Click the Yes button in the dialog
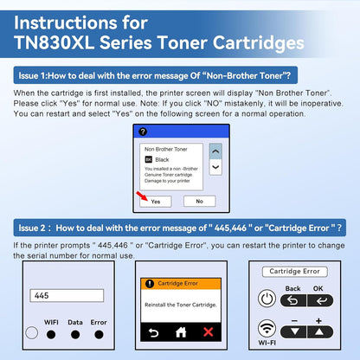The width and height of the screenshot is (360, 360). [155, 201]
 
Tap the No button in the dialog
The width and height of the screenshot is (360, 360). [199, 201]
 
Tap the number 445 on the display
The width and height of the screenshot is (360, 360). [41, 295]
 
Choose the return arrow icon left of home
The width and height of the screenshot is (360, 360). [154, 331]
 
